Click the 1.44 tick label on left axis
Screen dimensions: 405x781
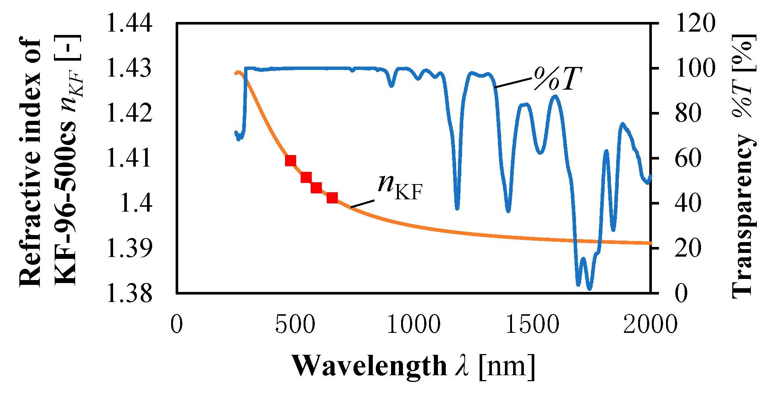click(129, 23)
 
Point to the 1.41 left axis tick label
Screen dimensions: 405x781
click(129, 158)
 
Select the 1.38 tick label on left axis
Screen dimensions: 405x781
click(129, 293)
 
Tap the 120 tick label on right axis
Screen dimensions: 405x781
click(695, 23)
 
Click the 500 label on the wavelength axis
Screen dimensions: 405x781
click(295, 324)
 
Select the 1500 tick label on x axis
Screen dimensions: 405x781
click(532, 324)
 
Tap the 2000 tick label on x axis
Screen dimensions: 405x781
click(650, 324)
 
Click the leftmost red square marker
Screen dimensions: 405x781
click(290, 161)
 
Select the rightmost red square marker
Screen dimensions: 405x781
click(332, 198)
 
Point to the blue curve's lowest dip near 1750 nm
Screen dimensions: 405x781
click(589, 288)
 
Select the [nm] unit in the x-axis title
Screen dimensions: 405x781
click(507, 366)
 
